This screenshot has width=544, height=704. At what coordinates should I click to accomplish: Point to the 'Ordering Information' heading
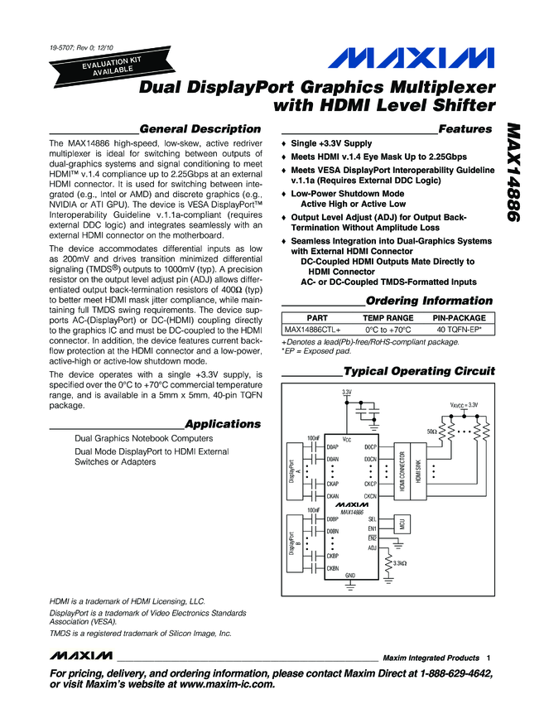429,301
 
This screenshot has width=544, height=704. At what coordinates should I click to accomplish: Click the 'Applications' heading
223,424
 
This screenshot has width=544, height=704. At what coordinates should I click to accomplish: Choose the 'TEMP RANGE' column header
388,318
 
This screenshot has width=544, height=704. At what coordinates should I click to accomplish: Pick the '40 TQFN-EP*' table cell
460,330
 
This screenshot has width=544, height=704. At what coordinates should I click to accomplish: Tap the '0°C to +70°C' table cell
388,330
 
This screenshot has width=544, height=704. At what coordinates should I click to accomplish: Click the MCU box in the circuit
402,523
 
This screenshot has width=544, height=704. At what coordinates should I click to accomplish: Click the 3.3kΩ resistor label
405,564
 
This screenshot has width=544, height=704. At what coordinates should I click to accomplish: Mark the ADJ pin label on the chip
372,547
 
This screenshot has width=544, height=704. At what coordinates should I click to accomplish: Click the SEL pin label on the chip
372,518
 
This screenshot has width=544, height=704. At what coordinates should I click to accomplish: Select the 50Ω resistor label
431,432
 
